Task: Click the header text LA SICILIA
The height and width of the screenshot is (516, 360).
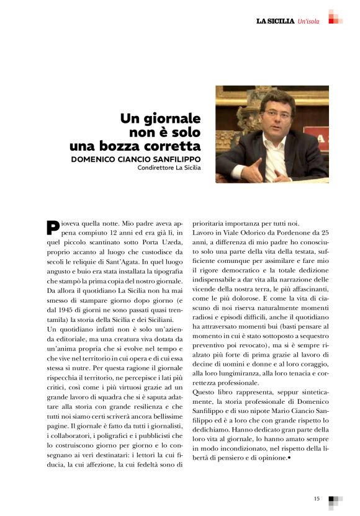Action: point(276,21)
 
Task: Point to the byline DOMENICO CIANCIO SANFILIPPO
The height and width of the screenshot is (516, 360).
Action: point(136,159)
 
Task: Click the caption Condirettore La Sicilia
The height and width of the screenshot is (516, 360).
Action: point(169,167)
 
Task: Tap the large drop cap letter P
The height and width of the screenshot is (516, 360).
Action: point(53,228)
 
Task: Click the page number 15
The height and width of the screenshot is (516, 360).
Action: point(316,498)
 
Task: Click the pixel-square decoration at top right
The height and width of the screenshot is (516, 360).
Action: point(336,17)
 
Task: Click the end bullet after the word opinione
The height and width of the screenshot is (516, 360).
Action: point(289,458)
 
